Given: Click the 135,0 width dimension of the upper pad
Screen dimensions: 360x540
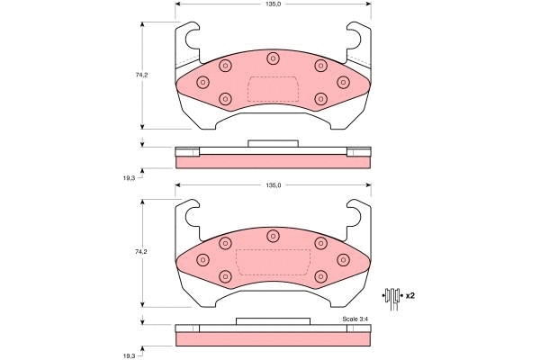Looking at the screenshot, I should click(x=273, y=4).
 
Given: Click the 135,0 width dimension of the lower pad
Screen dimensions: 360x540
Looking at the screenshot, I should click(x=273, y=185).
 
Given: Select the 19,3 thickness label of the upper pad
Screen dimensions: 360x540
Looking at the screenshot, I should click(x=129, y=177).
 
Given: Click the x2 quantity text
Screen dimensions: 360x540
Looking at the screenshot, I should click(x=409, y=295).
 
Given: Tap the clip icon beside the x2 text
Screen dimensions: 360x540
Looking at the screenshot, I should click(x=391, y=295).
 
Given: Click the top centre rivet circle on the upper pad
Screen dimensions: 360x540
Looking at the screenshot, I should click(x=273, y=58).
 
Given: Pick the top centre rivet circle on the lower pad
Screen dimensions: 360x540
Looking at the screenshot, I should click(x=273, y=237).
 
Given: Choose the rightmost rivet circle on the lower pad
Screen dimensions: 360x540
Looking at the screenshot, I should click(x=343, y=259).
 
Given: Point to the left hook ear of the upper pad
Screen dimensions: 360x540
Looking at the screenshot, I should click(x=187, y=38).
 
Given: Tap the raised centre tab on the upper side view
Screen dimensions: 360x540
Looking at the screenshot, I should click(x=272, y=142).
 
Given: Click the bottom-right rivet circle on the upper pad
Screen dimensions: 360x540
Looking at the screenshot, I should click(x=319, y=98).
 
